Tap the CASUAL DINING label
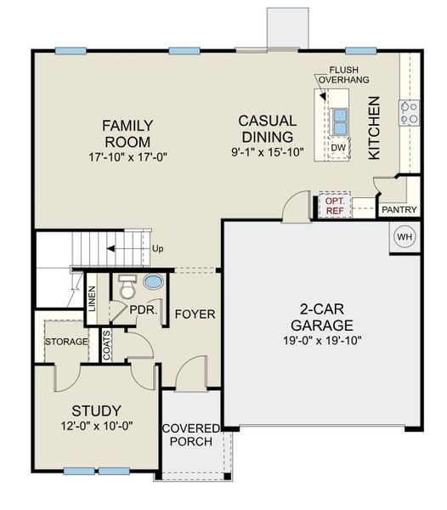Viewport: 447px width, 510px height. point(266,128)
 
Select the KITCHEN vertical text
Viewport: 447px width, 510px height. point(375,128)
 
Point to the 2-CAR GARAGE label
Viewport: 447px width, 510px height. point(320,317)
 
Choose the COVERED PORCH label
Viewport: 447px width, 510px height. point(190,434)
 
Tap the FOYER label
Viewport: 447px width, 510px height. point(195,314)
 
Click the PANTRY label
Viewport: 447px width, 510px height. point(398,209)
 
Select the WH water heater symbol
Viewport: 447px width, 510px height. point(405,237)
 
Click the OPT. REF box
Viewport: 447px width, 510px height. point(331,206)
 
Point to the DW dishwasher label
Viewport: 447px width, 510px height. point(338,148)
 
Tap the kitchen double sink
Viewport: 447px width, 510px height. point(340,122)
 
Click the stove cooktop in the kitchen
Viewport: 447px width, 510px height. point(409,111)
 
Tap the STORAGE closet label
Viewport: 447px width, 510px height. point(66,342)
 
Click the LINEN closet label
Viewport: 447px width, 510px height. point(92,299)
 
